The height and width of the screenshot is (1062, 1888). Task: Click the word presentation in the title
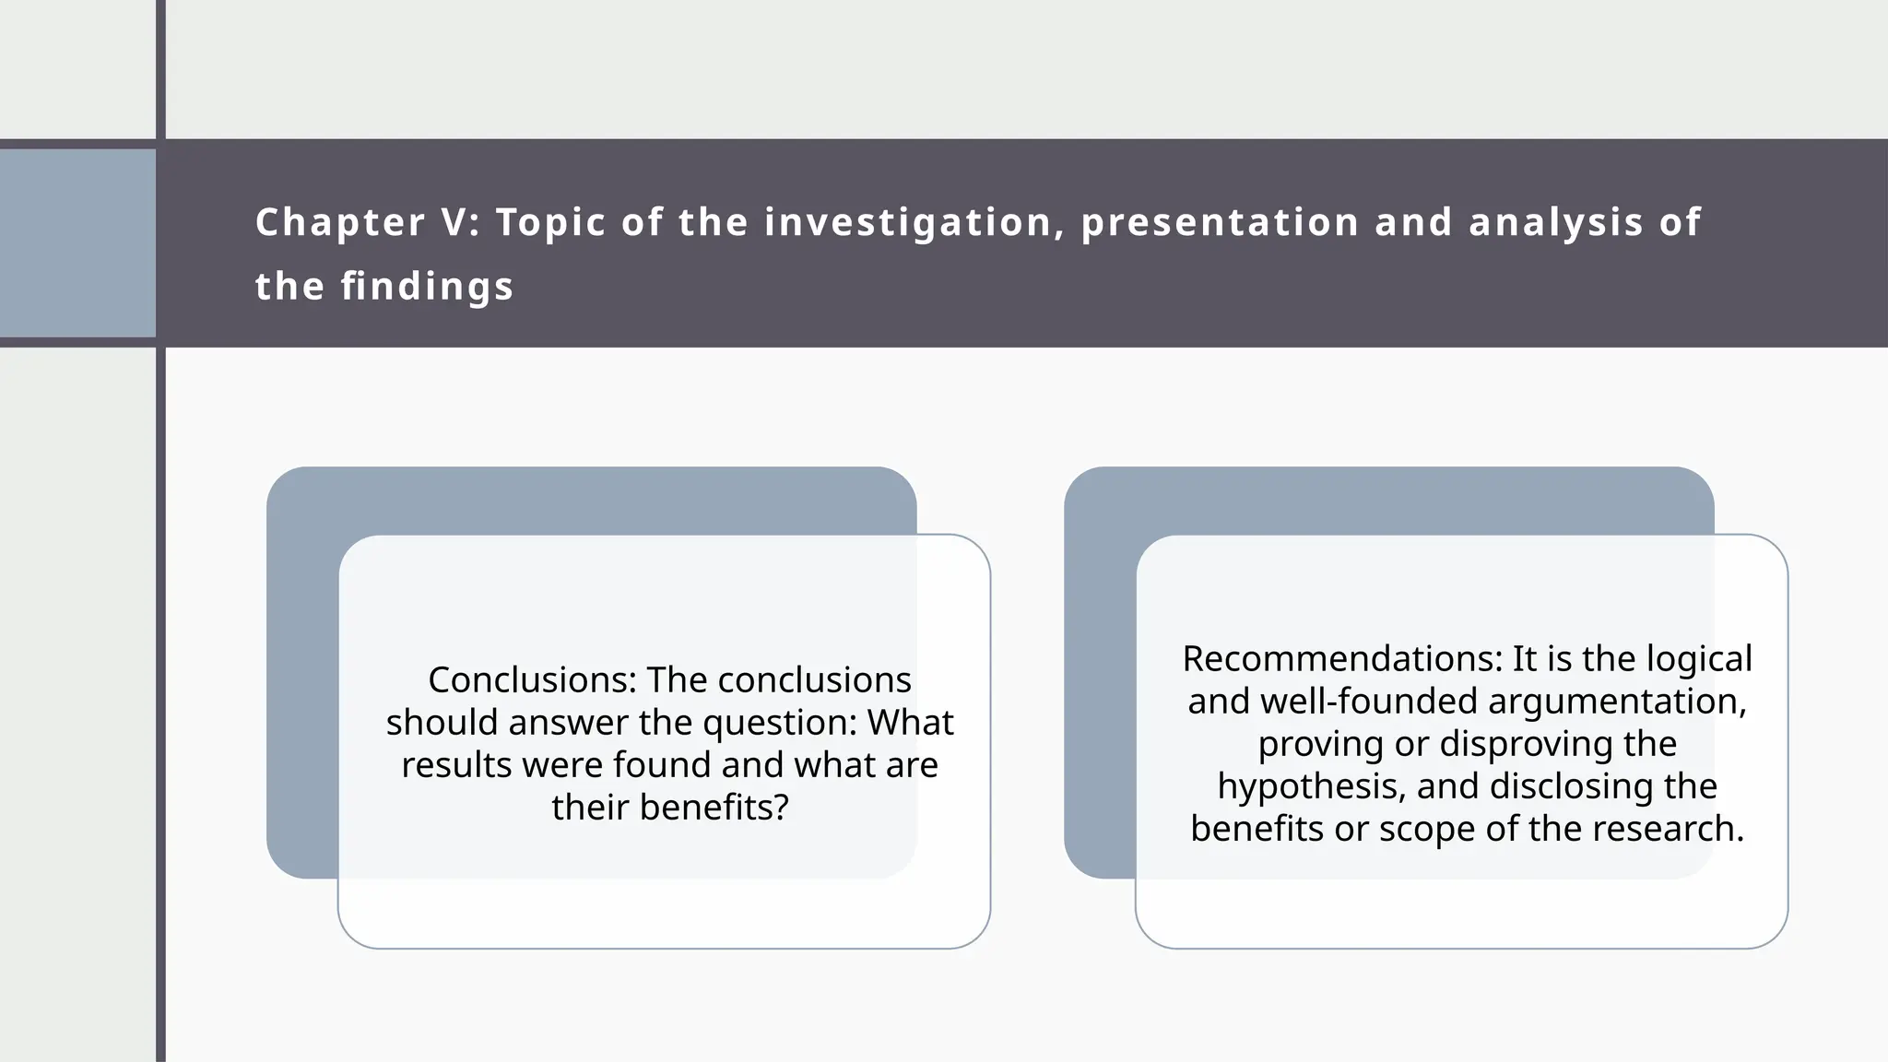pos(1220,222)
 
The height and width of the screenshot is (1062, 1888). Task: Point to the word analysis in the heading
pos(1556,222)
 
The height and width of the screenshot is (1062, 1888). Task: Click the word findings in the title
pos(428,286)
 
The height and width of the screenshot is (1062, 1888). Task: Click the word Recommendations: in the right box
pos(1341,659)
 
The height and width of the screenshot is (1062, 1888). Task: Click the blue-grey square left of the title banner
pos(77,243)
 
